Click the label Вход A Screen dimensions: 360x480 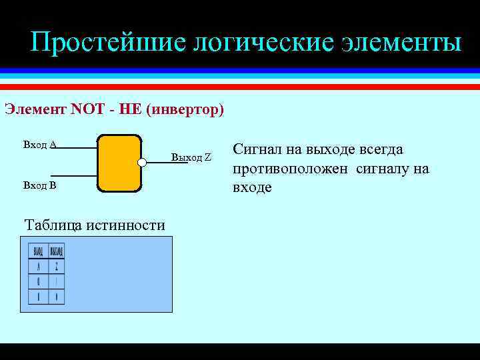coord(39,144)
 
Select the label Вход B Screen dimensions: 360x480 coord(39,185)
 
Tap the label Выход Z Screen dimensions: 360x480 coord(191,157)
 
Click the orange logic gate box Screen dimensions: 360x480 coord(119,163)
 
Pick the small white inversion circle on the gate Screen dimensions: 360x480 coord(142,162)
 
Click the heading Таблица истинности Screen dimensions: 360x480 coord(94,225)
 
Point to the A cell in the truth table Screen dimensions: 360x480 coord(38,267)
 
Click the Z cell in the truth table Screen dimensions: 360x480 coord(57,267)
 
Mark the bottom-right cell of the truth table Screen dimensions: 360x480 coord(57,297)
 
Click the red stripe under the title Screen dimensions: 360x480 coord(240,86)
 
